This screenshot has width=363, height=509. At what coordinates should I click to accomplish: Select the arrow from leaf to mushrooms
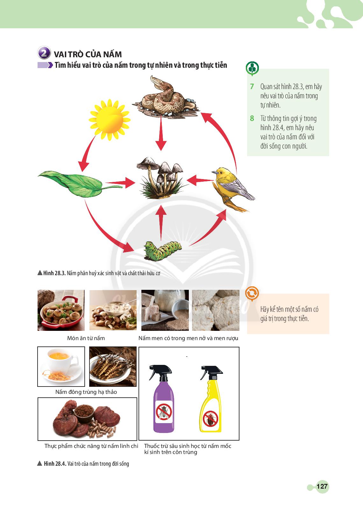(120, 183)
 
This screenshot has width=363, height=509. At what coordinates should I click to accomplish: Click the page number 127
(322, 486)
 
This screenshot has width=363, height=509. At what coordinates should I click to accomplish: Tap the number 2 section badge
(44, 53)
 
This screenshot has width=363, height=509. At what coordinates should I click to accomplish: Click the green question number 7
(252, 87)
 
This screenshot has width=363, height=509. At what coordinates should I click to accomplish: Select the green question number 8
(252, 118)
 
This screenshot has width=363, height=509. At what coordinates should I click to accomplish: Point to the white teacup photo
(61, 366)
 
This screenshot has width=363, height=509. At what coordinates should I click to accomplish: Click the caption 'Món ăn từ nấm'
(86, 338)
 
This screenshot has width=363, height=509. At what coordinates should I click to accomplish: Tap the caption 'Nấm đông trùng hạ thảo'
(86, 392)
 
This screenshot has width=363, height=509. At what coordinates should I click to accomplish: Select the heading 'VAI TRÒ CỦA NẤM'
(88, 54)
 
